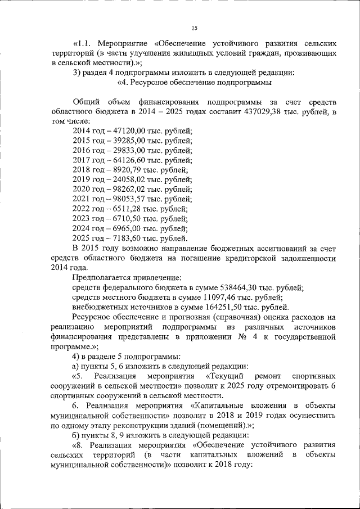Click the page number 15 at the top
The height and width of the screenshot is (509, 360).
point(195,28)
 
